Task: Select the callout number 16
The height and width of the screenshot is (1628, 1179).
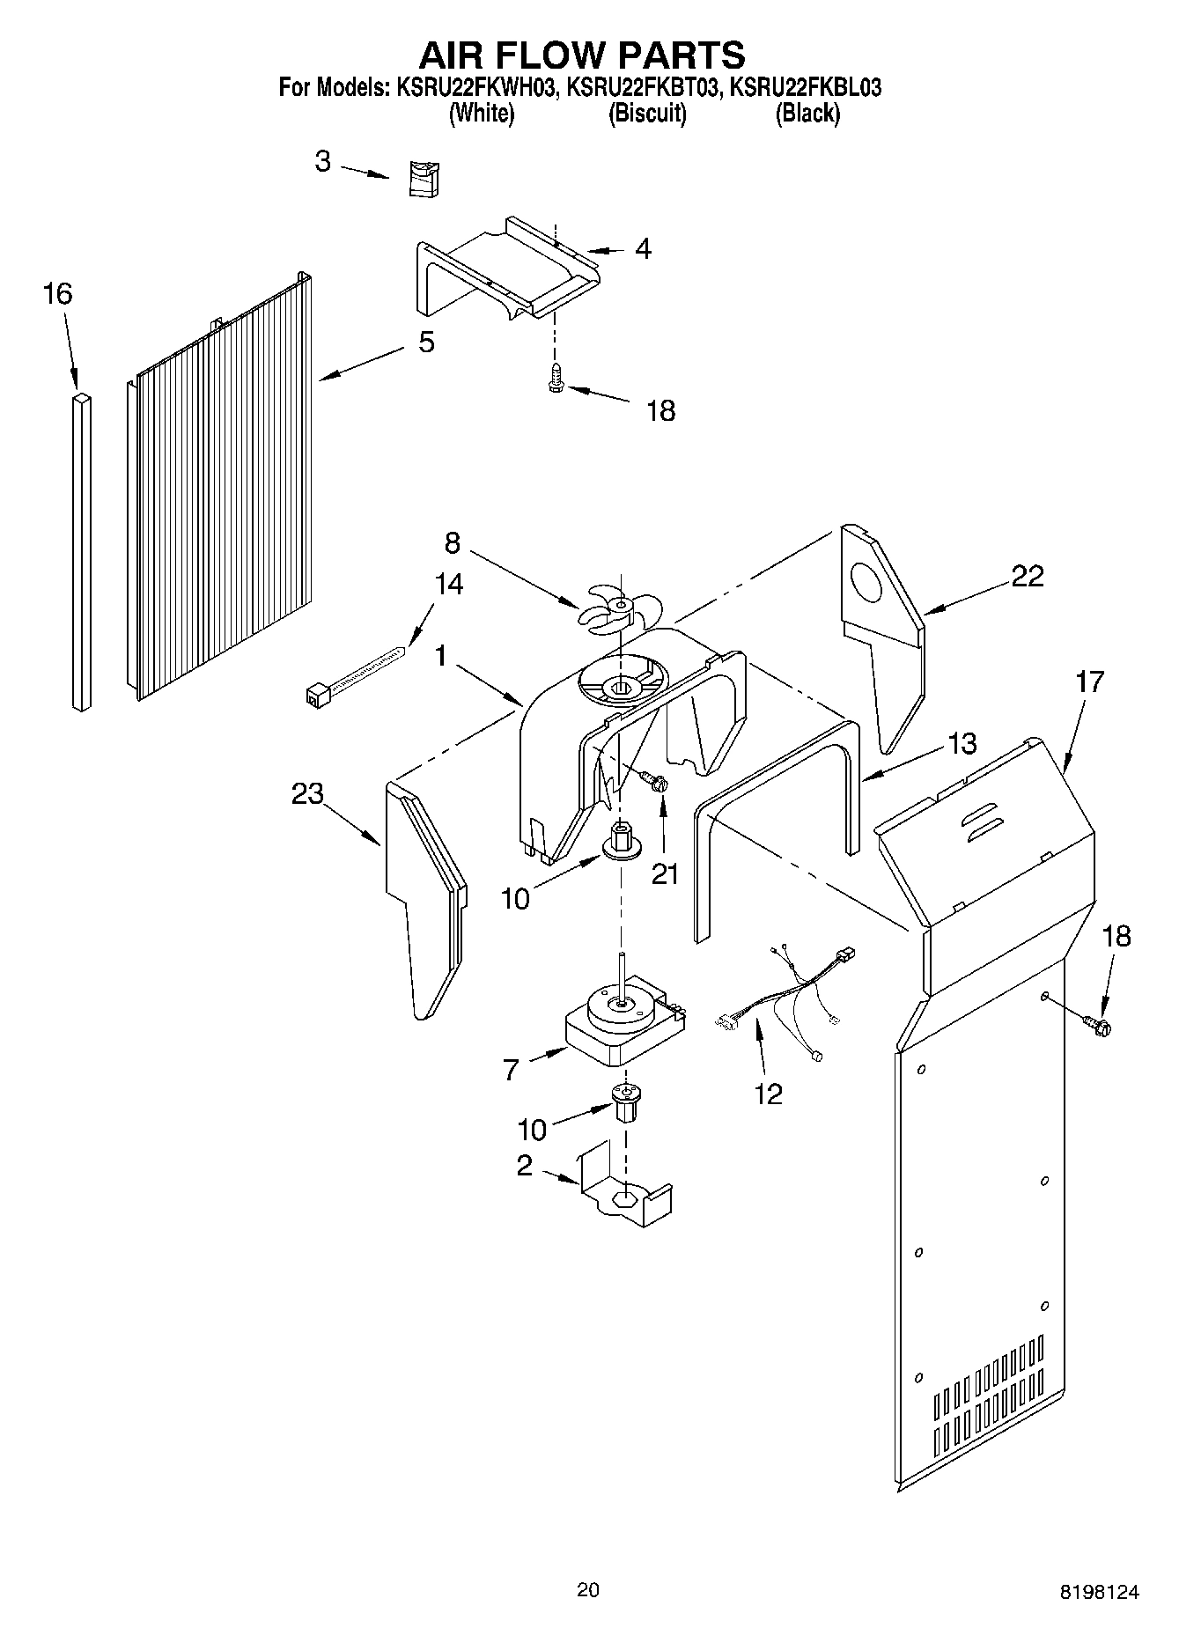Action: click(57, 294)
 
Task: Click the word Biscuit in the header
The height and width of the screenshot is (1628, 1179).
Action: click(647, 114)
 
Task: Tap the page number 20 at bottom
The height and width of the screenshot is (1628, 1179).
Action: click(588, 1589)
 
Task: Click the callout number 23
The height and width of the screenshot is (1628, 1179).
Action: click(308, 793)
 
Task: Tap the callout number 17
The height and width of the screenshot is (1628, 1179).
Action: click(1088, 681)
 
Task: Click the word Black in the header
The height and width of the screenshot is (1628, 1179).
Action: click(807, 114)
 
